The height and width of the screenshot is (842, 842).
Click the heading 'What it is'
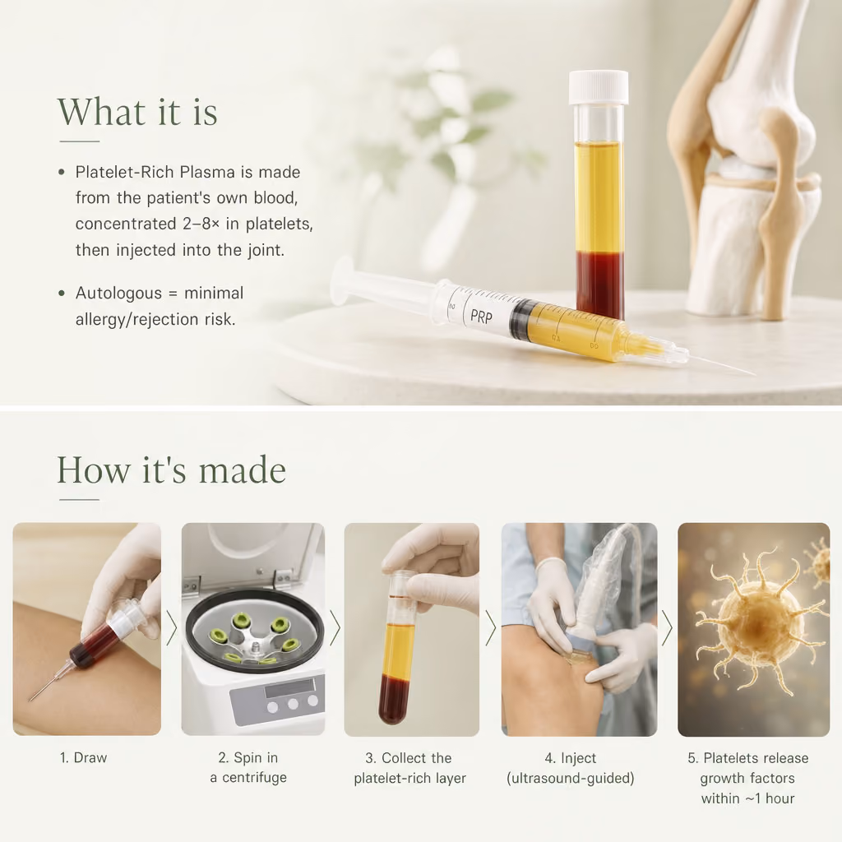point(137,112)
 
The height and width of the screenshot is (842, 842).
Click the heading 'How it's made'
point(171,470)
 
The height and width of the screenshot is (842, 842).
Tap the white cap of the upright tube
point(599,87)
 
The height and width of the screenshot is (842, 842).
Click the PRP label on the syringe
point(481,317)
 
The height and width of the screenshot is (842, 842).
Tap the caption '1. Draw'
point(83,757)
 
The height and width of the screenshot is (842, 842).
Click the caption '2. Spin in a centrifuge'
point(248,767)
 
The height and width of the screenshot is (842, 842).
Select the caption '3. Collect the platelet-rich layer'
point(409,768)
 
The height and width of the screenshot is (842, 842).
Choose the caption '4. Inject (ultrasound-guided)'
point(571,768)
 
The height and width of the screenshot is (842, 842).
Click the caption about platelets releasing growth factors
point(747,778)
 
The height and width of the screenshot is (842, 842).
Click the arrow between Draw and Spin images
point(171,627)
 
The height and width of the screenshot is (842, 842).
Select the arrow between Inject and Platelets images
point(667,627)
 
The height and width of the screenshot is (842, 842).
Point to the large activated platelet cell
point(758,623)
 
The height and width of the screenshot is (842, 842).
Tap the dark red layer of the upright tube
point(599,285)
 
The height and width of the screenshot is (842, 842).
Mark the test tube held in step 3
point(400,647)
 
